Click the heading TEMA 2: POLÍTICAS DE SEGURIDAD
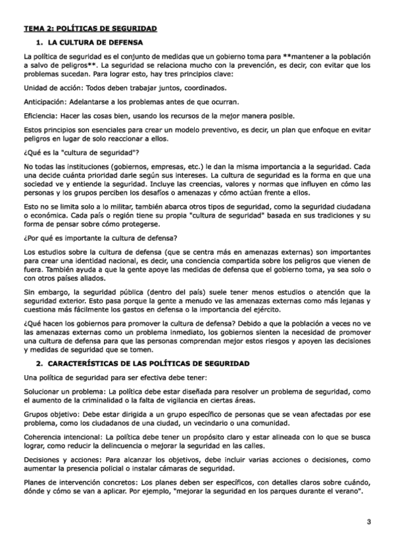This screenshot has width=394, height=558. [x=91, y=29]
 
